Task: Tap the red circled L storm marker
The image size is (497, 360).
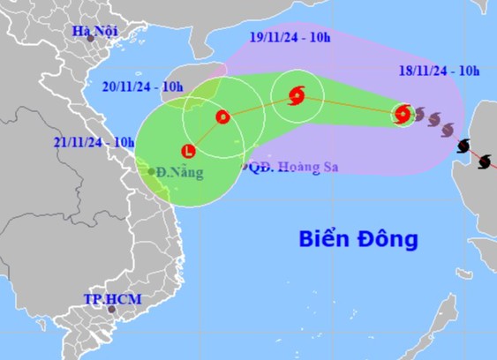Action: (x=187, y=150)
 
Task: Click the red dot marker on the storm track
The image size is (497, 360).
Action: (x=222, y=116)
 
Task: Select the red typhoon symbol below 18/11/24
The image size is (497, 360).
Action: (x=403, y=113)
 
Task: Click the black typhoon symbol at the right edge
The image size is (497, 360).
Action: (x=484, y=161)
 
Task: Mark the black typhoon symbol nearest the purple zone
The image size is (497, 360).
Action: (x=463, y=146)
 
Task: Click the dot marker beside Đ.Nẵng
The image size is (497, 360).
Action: (x=152, y=171)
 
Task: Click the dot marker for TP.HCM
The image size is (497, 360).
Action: (x=111, y=309)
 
